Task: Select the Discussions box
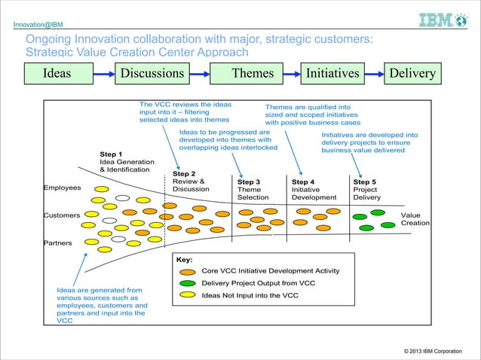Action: (153, 73)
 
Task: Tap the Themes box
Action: (253, 73)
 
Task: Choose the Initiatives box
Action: (332, 73)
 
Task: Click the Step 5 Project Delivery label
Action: (367, 190)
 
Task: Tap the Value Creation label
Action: (415, 219)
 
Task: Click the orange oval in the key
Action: (185, 271)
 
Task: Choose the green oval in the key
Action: (185, 283)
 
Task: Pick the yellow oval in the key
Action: (185, 295)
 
